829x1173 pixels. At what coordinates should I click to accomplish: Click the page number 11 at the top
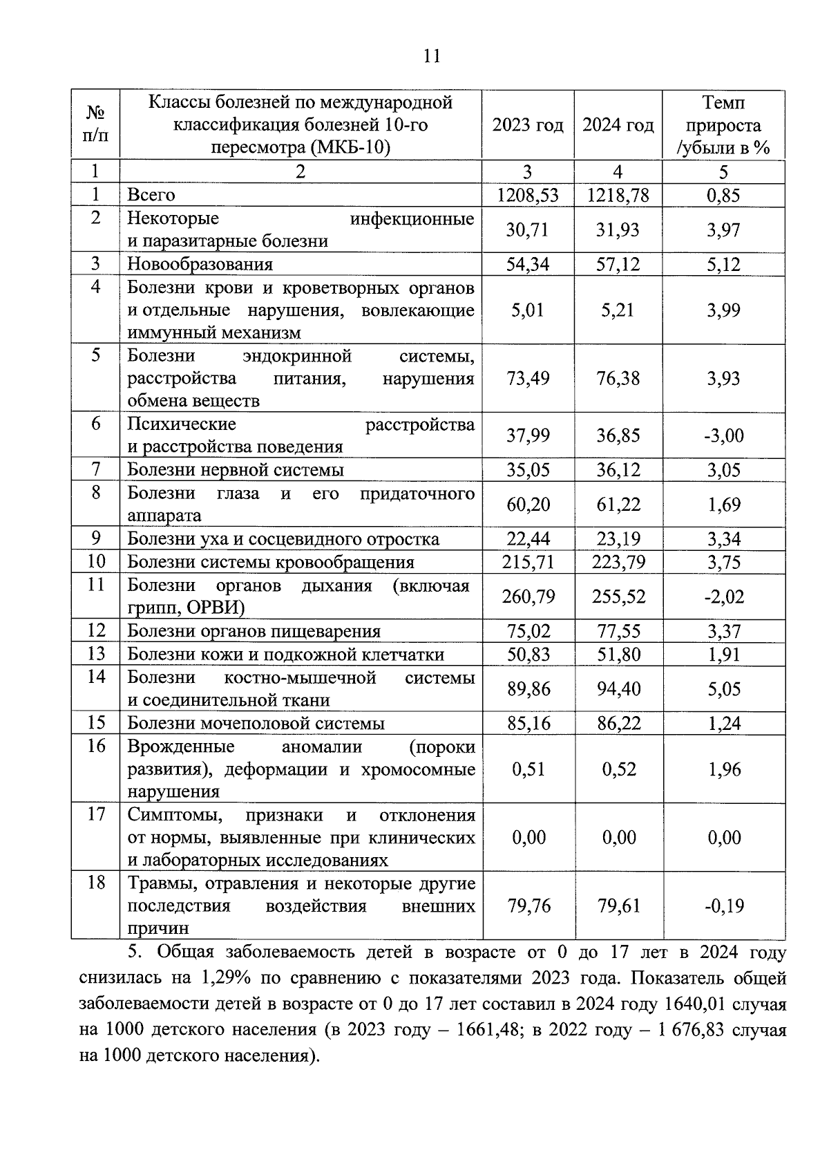pyautogui.click(x=431, y=56)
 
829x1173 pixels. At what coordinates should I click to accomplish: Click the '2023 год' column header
pyautogui.click(x=528, y=126)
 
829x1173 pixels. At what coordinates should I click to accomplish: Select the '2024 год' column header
pyautogui.click(x=618, y=126)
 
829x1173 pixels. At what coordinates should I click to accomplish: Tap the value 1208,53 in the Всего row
pyautogui.click(x=528, y=196)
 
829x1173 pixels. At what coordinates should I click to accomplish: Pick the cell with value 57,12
pyautogui.click(x=618, y=265)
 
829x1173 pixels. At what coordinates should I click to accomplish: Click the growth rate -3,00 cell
pyautogui.click(x=723, y=435)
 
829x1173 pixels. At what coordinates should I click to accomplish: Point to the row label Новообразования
pyautogui.click(x=200, y=265)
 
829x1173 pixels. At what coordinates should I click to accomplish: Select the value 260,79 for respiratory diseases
pyautogui.click(x=528, y=597)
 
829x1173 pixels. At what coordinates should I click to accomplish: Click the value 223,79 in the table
pyautogui.click(x=618, y=562)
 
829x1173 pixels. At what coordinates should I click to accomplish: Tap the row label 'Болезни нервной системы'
pyautogui.click(x=236, y=471)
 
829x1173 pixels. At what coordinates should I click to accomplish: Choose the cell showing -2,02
pyautogui.click(x=723, y=597)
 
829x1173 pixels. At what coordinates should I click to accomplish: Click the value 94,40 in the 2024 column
pyautogui.click(x=618, y=689)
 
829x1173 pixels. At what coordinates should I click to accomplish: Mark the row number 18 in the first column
pyautogui.click(x=96, y=883)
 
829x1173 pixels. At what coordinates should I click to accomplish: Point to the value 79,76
pyautogui.click(x=528, y=906)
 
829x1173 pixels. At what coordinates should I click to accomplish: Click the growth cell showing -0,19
pyautogui.click(x=723, y=906)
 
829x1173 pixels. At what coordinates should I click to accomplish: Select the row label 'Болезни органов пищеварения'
pyautogui.click(x=254, y=632)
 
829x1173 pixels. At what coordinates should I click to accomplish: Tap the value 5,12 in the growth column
pyautogui.click(x=723, y=265)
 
